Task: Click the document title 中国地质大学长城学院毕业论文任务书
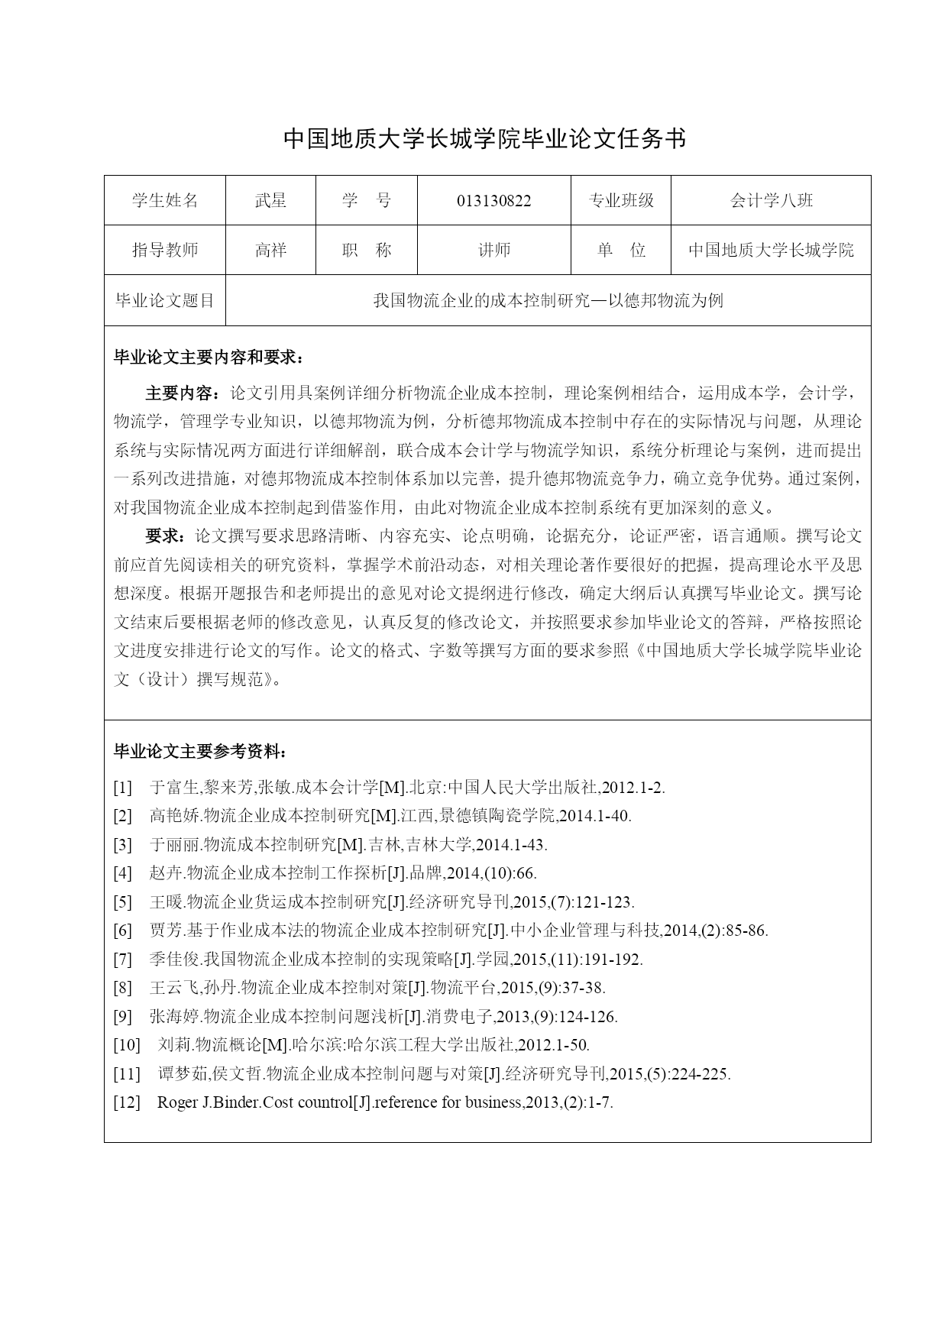[485, 138]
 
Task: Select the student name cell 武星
[270, 201]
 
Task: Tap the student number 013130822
[493, 201]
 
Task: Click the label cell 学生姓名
[165, 201]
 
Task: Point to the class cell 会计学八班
[771, 201]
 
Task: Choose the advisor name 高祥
[270, 251]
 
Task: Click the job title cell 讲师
[493, 251]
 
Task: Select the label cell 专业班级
[621, 201]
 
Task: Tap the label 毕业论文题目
[165, 301]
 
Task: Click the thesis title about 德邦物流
[548, 301]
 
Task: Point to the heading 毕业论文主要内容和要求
[208, 358]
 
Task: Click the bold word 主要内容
[181, 393]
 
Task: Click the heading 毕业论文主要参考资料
[200, 753]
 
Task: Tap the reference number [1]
[123, 788]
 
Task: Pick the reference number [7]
[123, 960]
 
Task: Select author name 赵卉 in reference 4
[167, 873]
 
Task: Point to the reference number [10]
[127, 1045]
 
